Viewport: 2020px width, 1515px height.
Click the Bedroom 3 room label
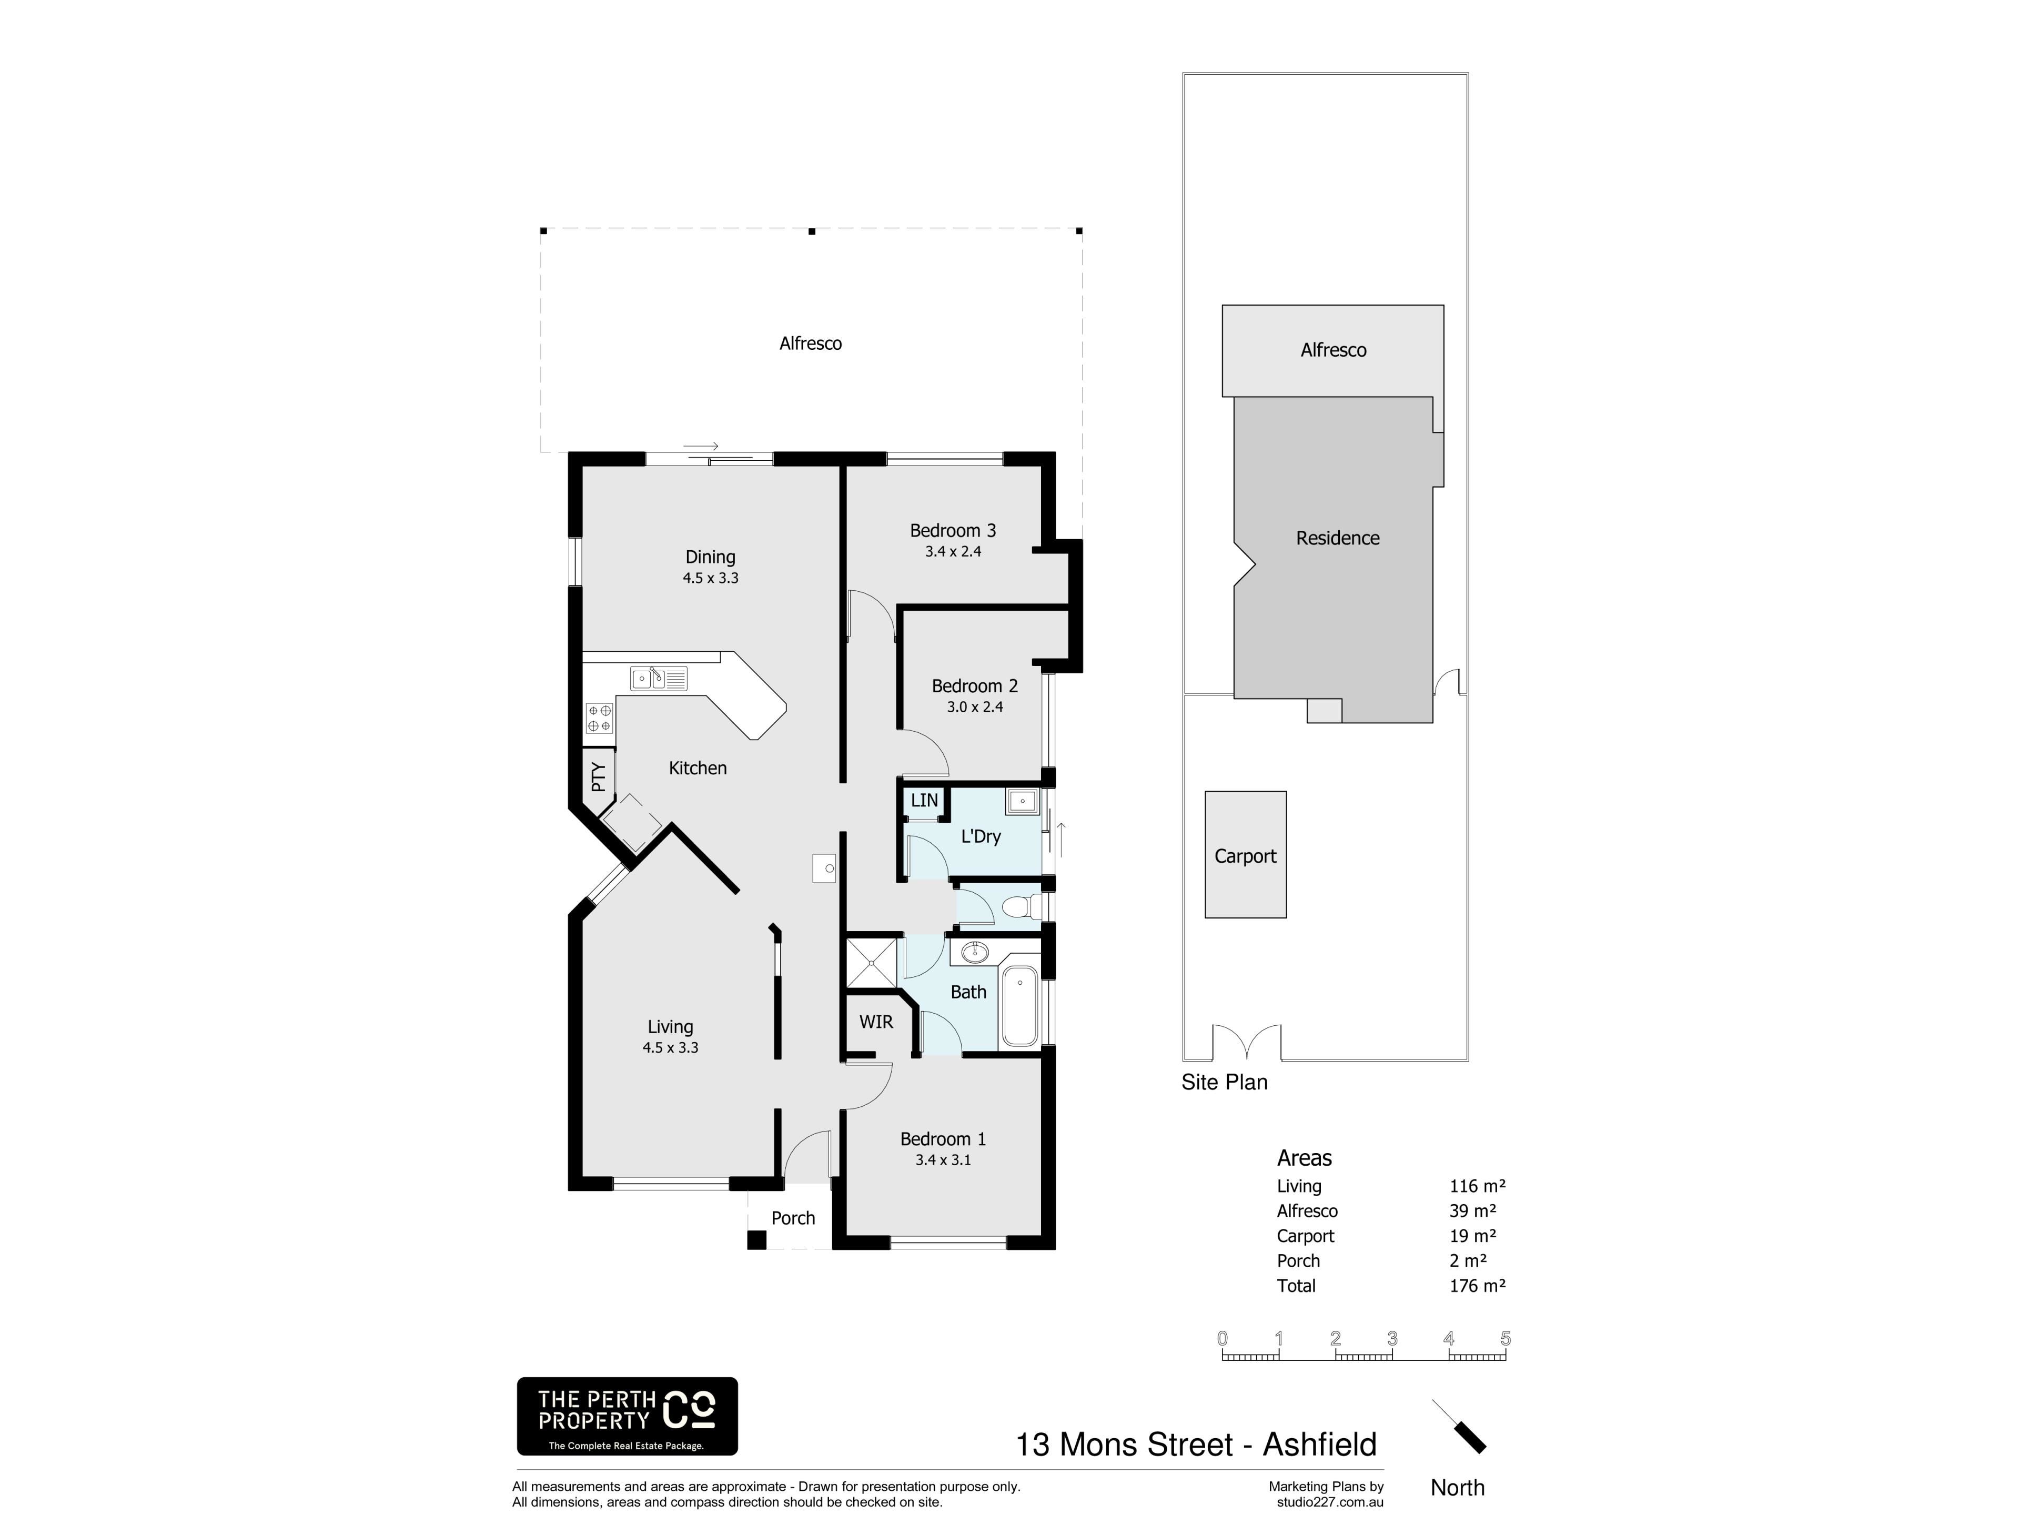pos(953,531)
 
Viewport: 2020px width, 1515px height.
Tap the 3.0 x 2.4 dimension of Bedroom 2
pos(974,707)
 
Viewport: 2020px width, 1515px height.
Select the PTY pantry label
pos(598,776)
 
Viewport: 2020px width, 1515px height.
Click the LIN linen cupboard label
pos(924,800)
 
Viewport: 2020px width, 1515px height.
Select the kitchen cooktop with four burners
pos(599,718)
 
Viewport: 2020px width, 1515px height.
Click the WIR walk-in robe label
pos(876,1022)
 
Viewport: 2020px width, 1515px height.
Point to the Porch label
pos(793,1218)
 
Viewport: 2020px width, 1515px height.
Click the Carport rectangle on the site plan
pos(1246,855)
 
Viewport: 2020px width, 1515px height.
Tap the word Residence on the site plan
pos(1337,538)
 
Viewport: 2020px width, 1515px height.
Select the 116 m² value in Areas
pos(1477,1186)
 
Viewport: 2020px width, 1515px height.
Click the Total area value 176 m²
pos(1477,1286)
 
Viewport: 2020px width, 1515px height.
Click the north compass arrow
pos(1459,1426)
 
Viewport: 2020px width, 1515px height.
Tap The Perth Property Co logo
pos(628,1416)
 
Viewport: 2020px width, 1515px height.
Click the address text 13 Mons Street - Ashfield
pos(1196,1445)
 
